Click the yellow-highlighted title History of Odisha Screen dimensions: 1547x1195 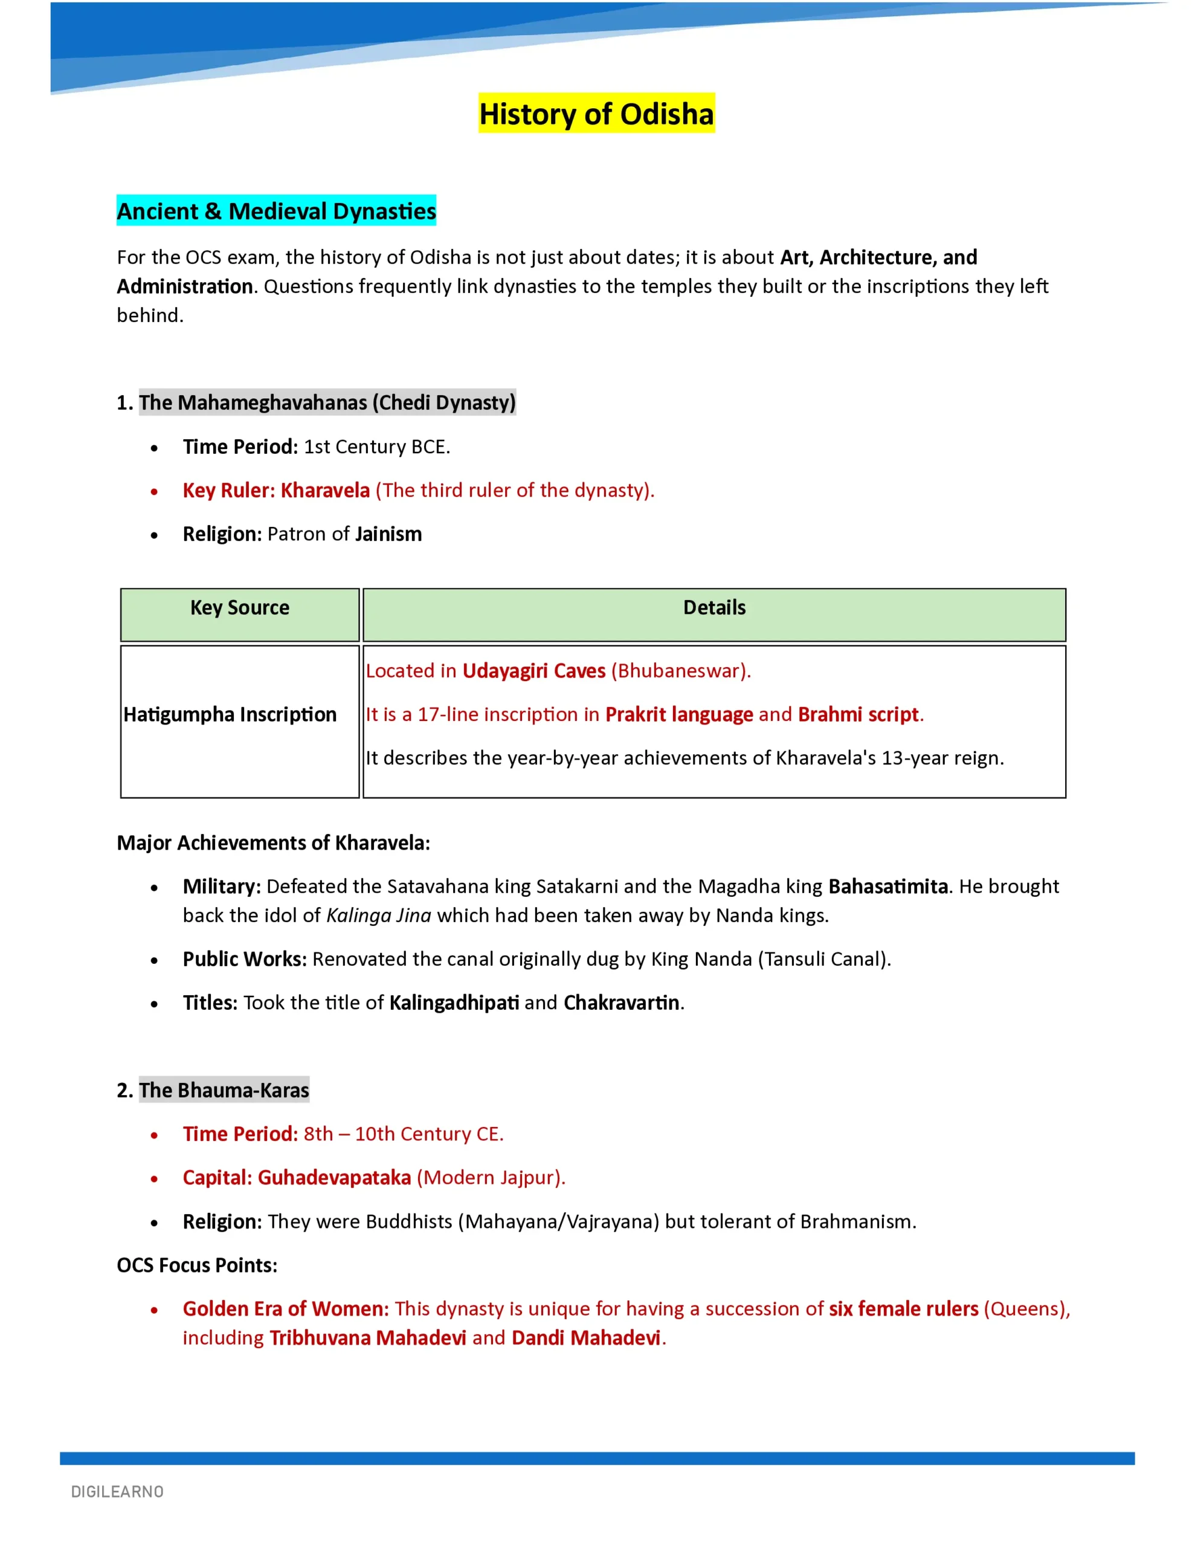[596, 114]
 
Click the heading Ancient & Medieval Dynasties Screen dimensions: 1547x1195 [276, 211]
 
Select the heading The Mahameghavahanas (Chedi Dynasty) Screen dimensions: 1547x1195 [327, 402]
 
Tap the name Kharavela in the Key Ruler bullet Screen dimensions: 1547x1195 [325, 490]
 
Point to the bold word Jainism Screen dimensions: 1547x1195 [388, 534]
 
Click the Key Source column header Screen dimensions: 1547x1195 [239, 608]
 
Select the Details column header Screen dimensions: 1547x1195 [714, 608]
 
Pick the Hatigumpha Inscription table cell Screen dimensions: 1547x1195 [230, 714]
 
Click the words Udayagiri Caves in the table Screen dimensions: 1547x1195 [533, 671]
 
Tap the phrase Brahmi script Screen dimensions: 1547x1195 [858, 714]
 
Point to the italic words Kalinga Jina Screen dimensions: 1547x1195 [378, 915]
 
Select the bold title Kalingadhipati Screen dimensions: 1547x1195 [454, 1003]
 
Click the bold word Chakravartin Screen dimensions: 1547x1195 [621, 1003]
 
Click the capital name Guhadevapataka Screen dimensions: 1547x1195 [333, 1177]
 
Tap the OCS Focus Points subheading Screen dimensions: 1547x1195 [197, 1265]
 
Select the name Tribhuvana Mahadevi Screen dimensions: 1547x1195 [368, 1337]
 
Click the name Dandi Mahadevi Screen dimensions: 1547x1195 [586, 1337]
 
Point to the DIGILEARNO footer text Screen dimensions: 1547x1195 [118, 1492]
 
